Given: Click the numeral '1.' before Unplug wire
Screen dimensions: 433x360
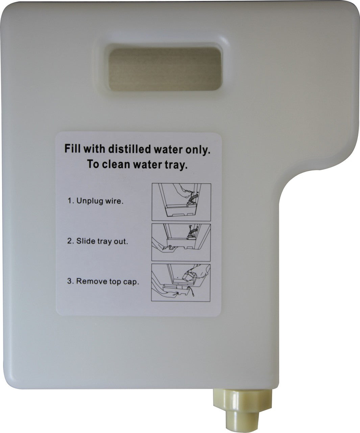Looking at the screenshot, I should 71,201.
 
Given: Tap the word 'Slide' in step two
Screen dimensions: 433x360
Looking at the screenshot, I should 85,242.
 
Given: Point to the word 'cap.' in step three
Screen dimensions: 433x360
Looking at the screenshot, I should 131,282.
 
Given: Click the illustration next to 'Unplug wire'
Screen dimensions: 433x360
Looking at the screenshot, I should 181,202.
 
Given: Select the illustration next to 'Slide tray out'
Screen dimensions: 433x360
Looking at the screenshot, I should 181,242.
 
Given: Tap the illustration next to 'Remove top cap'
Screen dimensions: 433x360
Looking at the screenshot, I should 181,282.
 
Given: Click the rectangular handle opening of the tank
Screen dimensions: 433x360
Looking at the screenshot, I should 165,69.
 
